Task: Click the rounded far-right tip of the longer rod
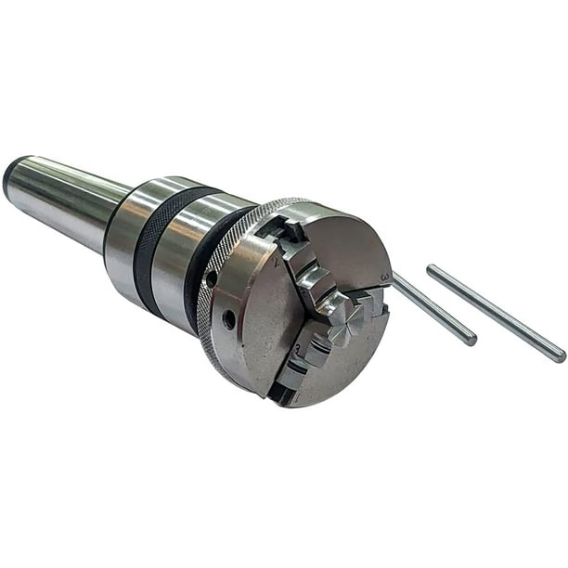point(560,356)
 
